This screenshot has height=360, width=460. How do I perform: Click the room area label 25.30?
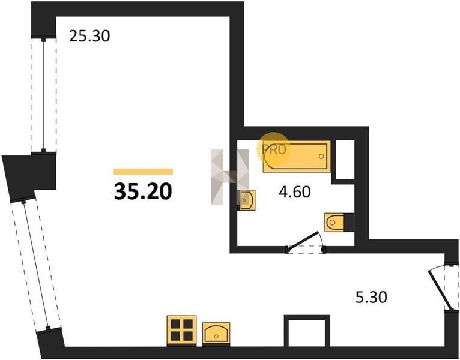click(x=89, y=36)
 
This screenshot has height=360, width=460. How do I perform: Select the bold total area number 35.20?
click(x=143, y=191)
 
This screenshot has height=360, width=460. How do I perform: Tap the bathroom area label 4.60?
click(x=294, y=192)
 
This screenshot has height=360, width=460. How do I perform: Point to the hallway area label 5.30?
click(x=371, y=297)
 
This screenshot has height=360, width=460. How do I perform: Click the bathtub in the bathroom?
click(x=297, y=157)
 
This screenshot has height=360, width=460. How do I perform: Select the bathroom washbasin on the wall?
click(x=246, y=200)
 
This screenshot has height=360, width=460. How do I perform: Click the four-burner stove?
click(x=181, y=330)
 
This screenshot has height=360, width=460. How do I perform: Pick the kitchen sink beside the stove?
click(x=216, y=333)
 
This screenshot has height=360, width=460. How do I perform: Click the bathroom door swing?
click(x=305, y=242)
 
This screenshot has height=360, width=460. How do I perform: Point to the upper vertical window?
click(x=43, y=94)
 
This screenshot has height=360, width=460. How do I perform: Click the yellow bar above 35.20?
click(x=143, y=172)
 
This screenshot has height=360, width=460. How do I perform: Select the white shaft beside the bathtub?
click(x=345, y=160)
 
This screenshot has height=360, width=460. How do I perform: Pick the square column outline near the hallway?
click(x=307, y=331)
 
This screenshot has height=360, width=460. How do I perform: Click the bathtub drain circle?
click(x=321, y=156)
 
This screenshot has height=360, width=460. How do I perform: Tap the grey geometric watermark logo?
click(x=230, y=177)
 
